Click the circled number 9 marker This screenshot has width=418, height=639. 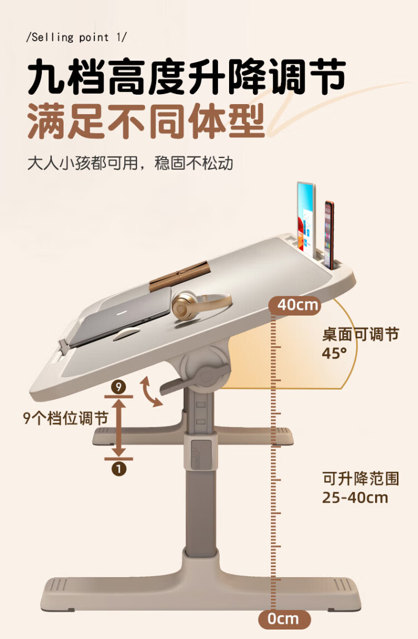(118, 386)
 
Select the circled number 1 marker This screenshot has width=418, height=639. (119, 468)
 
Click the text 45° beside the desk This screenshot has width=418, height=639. (334, 353)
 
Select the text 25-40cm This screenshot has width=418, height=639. (354, 497)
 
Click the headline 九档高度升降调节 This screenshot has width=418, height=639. (187, 78)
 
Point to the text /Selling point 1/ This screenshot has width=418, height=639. (77, 38)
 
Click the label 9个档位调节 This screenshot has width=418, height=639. (65, 419)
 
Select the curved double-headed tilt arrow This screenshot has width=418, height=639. (150, 392)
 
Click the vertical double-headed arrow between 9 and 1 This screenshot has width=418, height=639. (119, 427)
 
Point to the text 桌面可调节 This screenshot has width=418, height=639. (361, 335)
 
